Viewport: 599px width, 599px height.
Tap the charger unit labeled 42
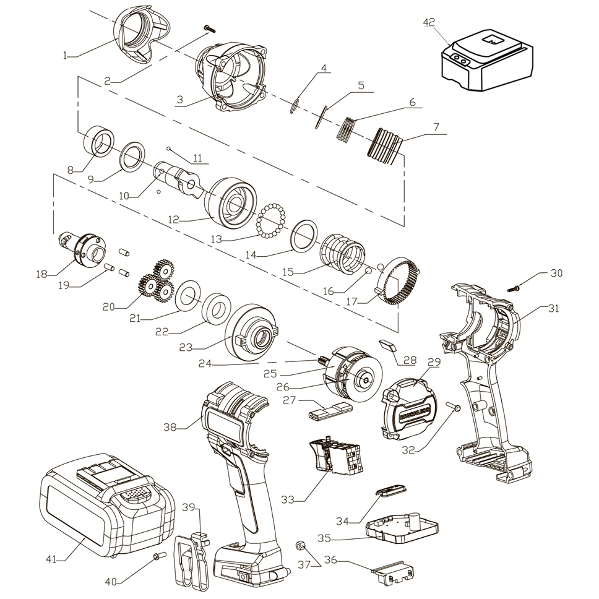485,62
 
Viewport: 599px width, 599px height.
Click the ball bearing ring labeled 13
270,222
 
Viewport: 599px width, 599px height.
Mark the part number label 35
325,539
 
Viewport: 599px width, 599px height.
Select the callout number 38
170,426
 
